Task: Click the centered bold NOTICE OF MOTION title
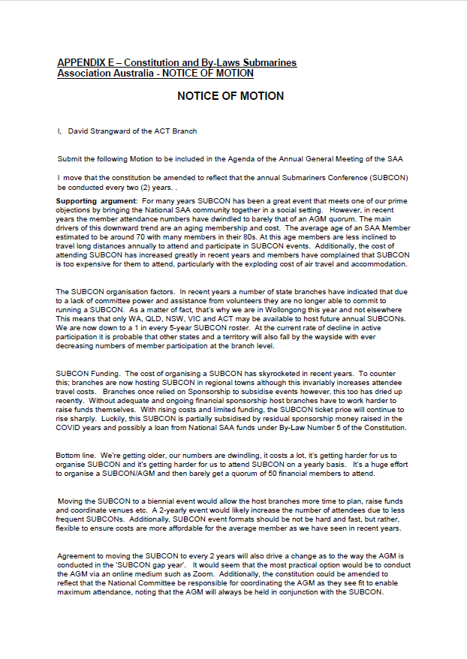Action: point(230,97)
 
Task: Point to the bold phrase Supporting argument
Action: point(96,200)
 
